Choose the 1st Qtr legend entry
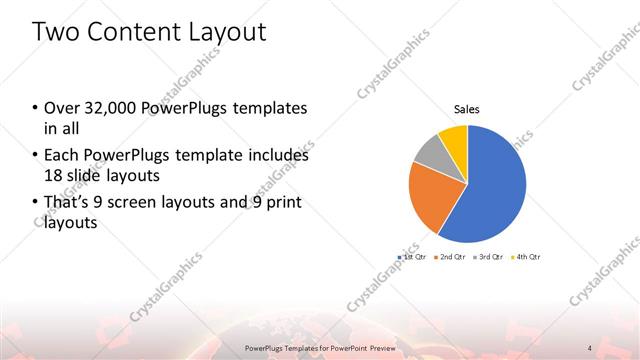coord(412,258)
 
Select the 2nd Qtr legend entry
coord(452,258)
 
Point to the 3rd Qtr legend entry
coord(489,258)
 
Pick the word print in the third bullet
coord(277,203)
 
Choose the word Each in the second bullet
coord(61,156)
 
